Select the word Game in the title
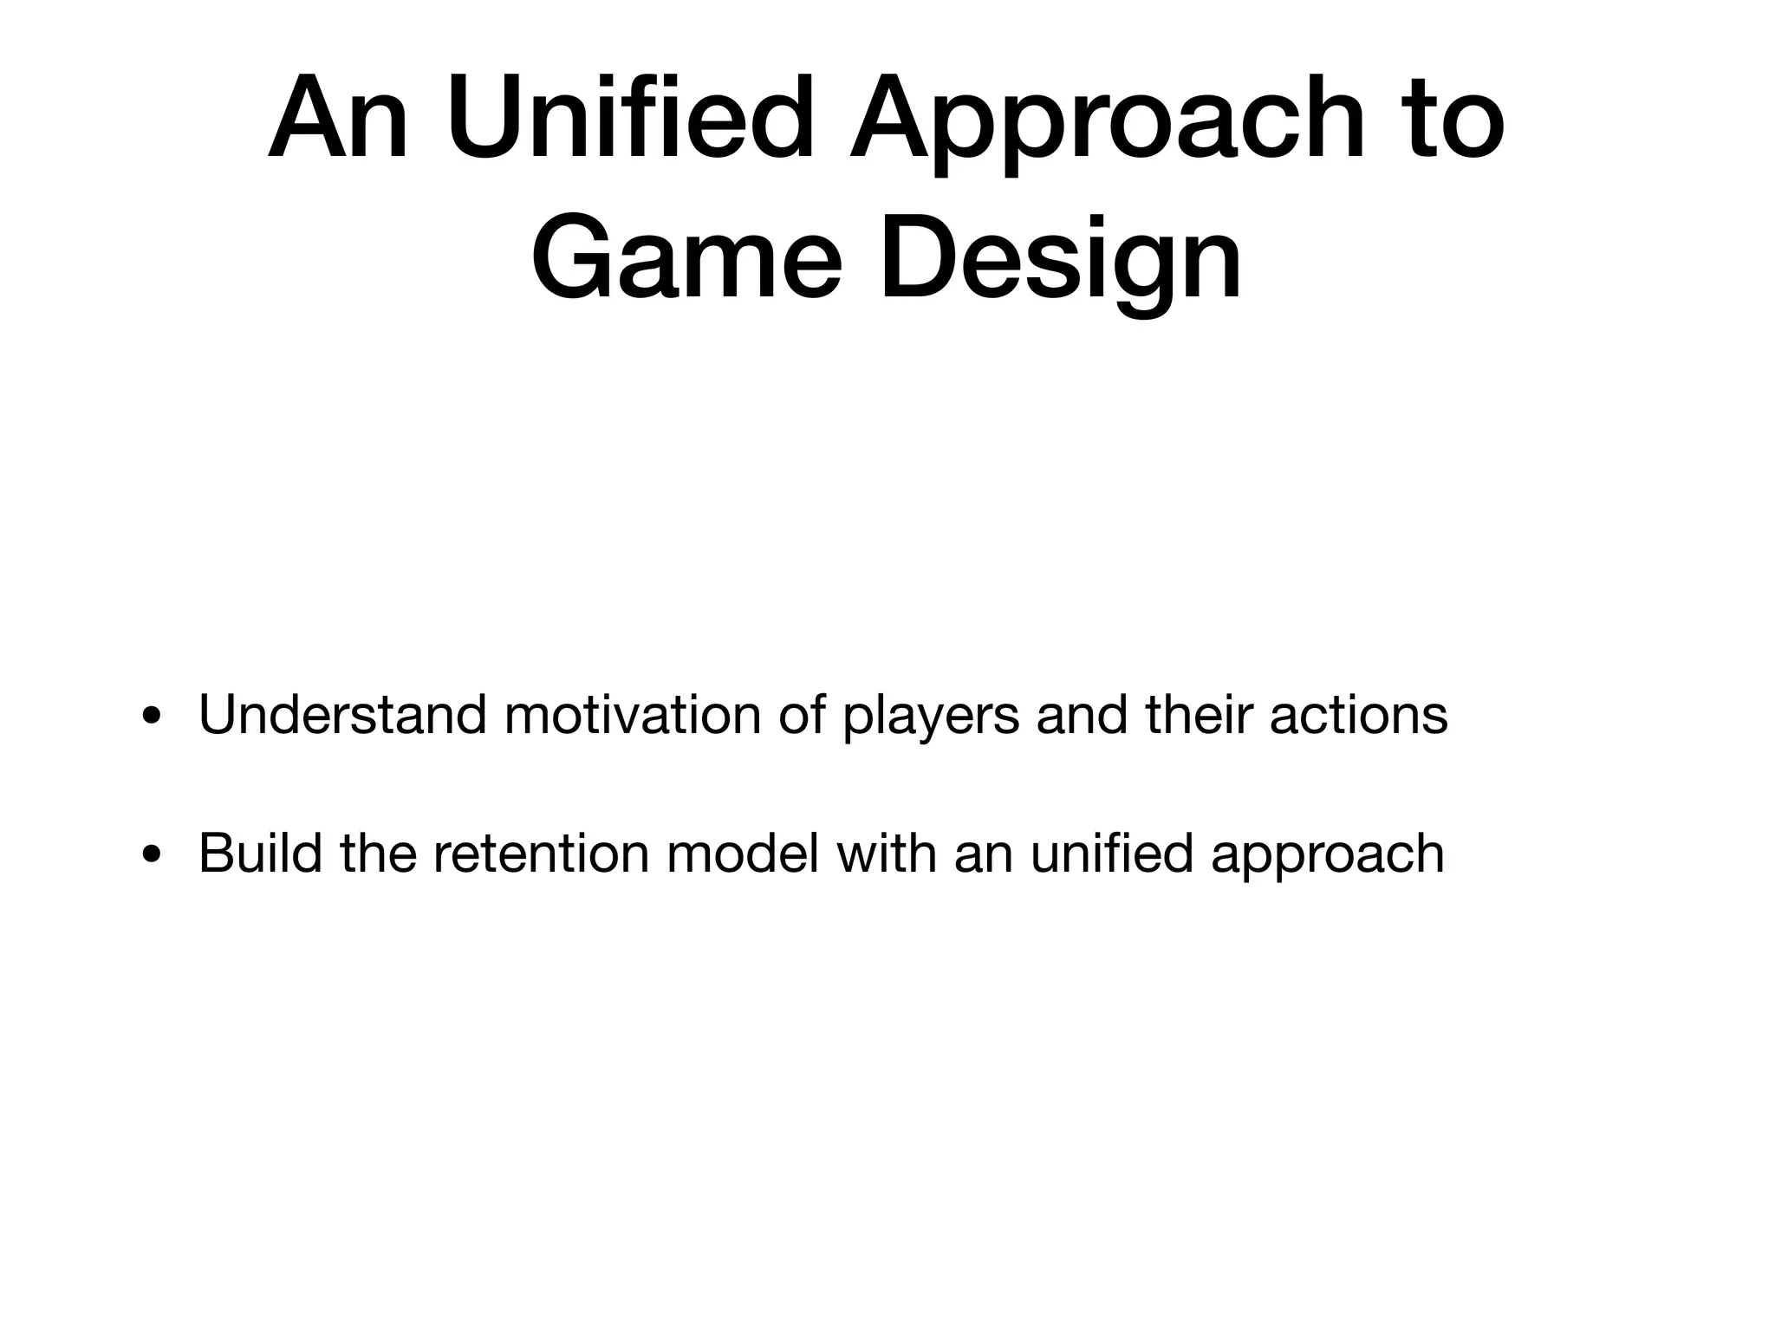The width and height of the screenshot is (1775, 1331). click(686, 261)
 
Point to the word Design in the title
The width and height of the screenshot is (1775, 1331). click(1061, 261)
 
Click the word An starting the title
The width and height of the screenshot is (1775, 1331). click(337, 119)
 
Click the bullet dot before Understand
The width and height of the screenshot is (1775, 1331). click(153, 718)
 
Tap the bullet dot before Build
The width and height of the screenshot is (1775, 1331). click(153, 855)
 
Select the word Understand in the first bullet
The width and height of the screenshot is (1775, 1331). click(342, 716)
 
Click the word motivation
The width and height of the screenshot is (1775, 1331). click(632, 716)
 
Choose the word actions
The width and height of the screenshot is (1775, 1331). click(1358, 716)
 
